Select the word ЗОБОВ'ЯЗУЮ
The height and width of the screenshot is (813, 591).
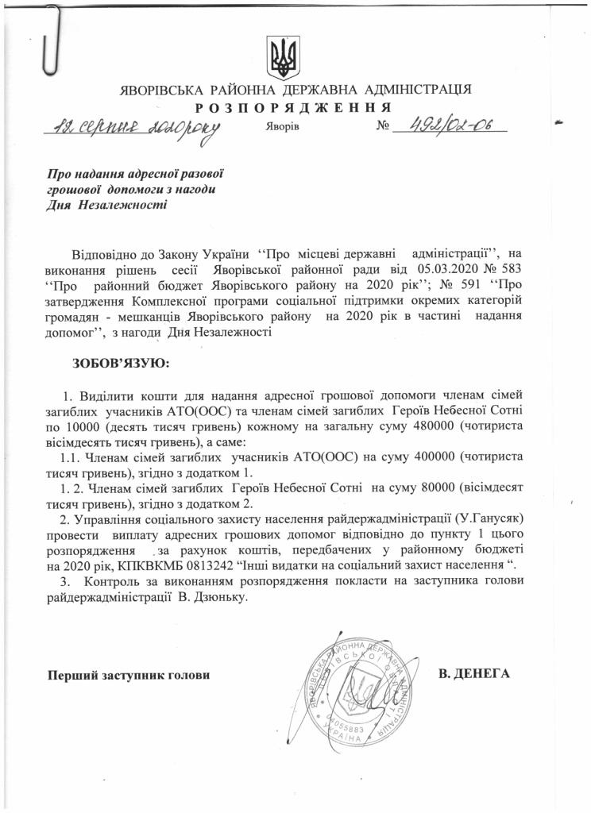120,363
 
